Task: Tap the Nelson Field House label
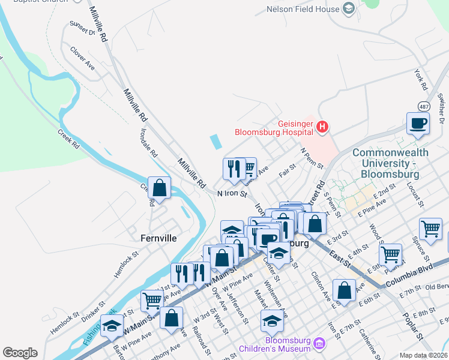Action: coord(303,9)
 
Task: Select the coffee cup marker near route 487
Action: coord(418,124)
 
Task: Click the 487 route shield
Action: coord(424,107)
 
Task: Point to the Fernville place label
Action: coord(158,238)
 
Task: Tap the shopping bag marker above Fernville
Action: coord(160,188)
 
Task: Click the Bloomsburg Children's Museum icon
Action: coord(319,344)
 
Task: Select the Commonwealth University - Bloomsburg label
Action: coord(390,163)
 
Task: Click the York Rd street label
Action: coord(420,77)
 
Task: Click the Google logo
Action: coord(20,352)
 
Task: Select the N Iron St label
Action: coord(232,193)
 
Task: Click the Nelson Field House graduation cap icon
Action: coord(349,8)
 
